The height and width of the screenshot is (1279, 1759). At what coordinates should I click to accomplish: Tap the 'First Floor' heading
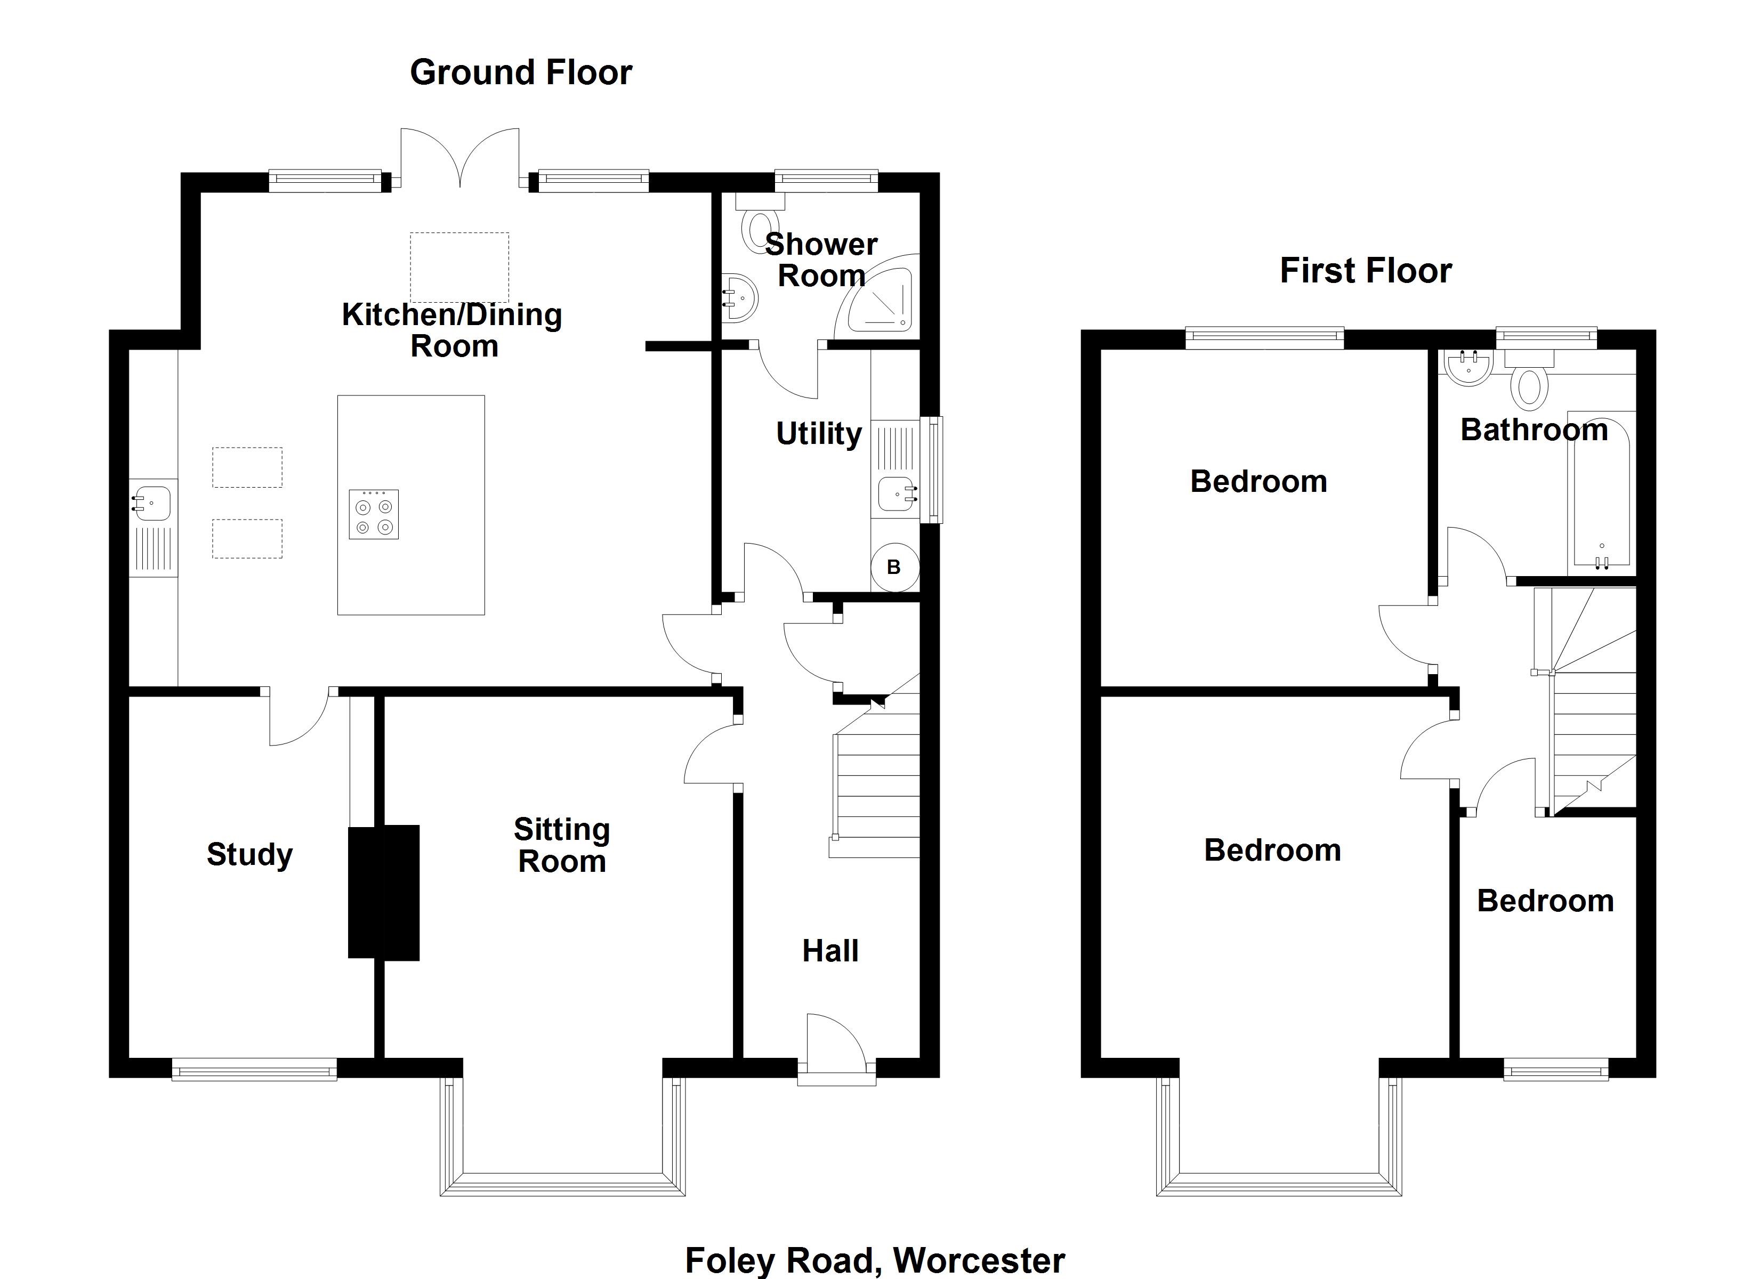click(x=1365, y=271)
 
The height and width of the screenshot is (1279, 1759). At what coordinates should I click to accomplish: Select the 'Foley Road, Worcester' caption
click(x=875, y=1260)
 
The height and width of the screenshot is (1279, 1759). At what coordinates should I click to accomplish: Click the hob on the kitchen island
click(x=374, y=514)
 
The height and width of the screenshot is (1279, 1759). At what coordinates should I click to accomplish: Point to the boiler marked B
click(x=894, y=567)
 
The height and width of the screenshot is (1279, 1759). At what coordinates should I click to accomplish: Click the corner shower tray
click(x=880, y=296)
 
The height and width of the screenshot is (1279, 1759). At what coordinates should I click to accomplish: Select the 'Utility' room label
click(x=819, y=434)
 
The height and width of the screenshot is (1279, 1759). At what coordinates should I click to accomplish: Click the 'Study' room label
click(x=250, y=855)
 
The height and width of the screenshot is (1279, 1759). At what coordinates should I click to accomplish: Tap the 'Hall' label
click(x=830, y=951)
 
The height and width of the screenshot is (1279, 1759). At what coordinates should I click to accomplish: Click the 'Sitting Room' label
click(x=562, y=845)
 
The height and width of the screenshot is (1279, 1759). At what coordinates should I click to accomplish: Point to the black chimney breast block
click(x=384, y=893)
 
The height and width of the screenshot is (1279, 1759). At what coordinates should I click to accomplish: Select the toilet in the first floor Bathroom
click(x=1529, y=379)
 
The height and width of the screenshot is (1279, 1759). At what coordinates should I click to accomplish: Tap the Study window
click(x=254, y=1069)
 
